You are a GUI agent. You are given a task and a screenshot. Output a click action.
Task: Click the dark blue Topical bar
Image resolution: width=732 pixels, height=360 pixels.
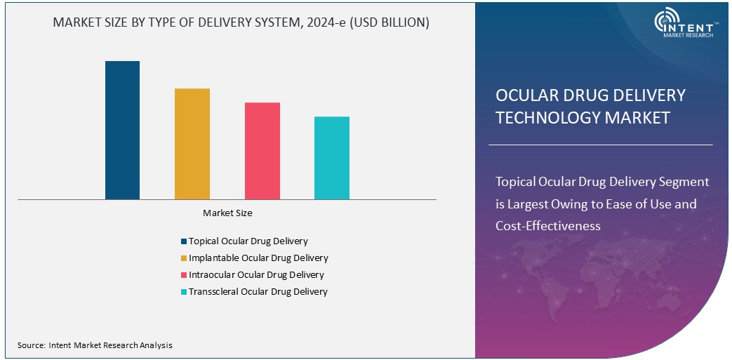coord(122,130)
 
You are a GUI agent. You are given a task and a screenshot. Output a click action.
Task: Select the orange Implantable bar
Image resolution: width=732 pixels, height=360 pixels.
coord(192,144)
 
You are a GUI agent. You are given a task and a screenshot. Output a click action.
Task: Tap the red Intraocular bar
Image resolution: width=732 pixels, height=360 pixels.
coord(262,151)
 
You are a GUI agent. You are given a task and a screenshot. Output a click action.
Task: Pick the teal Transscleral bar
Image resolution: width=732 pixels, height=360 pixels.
coord(331,158)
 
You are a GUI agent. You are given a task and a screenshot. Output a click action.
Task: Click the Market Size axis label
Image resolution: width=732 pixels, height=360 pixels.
coord(227,213)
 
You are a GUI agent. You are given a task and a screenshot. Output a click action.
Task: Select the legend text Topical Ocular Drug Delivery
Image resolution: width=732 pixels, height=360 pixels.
coord(248,241)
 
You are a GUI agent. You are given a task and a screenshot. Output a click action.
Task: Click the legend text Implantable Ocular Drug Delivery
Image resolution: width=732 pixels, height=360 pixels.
coord(258,258)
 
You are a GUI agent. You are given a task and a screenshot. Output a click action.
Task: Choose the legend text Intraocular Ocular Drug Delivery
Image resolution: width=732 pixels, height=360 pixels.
coord(256,275)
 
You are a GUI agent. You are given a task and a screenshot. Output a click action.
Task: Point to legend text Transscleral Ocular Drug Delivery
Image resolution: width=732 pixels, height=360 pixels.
coord(258,292)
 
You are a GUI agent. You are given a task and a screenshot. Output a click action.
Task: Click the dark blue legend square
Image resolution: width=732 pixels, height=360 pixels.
coord(183,241)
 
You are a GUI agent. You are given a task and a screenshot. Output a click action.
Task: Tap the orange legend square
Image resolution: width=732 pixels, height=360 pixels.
coord(183,258)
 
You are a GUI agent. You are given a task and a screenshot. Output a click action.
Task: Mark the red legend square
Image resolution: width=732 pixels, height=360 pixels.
coord(183,275)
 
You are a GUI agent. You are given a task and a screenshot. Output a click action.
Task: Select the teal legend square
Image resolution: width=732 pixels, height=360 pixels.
coord(183,292)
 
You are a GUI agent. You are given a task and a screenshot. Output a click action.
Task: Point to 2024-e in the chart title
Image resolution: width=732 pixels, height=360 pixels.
coord(327,22)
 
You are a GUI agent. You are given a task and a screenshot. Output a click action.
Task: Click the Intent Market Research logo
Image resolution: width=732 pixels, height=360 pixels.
coord(684,25)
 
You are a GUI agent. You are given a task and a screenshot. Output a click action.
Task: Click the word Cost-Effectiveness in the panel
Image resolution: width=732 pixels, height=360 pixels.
coord(548,226)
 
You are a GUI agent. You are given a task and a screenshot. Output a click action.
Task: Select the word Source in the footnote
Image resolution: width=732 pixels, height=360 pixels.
coord(31,345)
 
